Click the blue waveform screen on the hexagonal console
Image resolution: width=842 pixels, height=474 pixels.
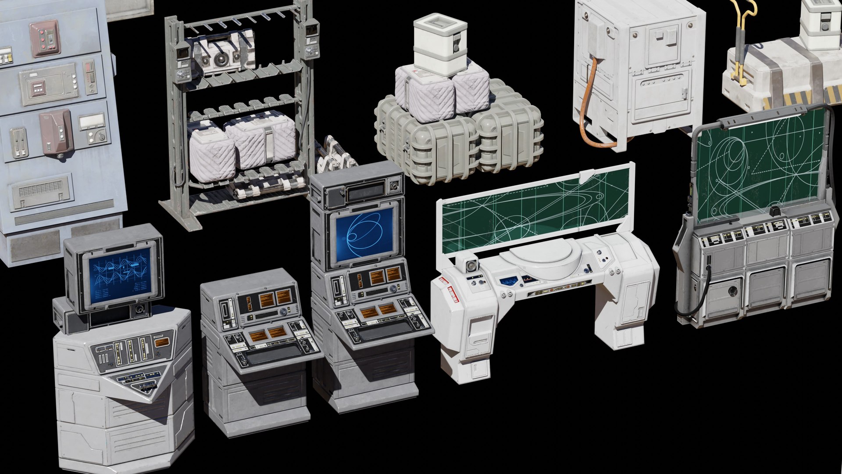(x=119, y=275)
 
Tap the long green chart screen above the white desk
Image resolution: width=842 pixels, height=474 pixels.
(x=535, y=211)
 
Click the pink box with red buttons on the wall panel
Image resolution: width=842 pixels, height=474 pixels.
(x=45, y=38)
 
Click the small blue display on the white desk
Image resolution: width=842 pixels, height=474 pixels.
(x=509, y=281)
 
